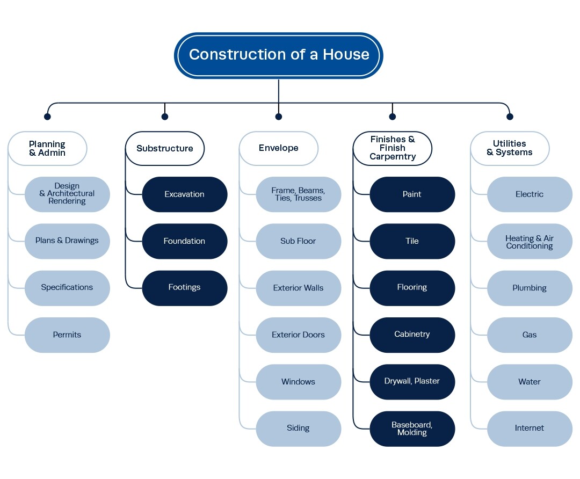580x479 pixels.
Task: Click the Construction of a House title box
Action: click(278, 55)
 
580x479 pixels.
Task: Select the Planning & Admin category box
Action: click(47, 148)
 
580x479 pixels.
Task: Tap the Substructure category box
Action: click(164, 148)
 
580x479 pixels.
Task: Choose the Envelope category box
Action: click(278, 148)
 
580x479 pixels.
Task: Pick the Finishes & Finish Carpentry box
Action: click(393, 148)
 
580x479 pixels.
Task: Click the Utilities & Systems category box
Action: click(510, 148)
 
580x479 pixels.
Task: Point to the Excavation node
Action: click(184, 194)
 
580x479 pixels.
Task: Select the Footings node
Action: click(184, 288)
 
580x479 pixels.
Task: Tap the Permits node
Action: click(67, 335)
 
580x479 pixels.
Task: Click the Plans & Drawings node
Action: click(67, 241)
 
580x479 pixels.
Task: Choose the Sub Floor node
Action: click(298, 241)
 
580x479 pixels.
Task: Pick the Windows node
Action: click(298, 382)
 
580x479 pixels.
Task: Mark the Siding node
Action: click(298, 429)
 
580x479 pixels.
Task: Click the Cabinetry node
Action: click(412, 335)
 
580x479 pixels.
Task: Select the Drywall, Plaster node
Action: click(412, 381)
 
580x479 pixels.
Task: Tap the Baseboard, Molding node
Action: click(412, 429)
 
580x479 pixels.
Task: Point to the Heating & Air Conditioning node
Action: click(530, 242)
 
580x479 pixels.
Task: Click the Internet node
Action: click(530, 429)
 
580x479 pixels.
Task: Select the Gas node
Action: click(530, 335)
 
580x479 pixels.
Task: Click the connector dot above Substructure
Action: click(165, 117)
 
